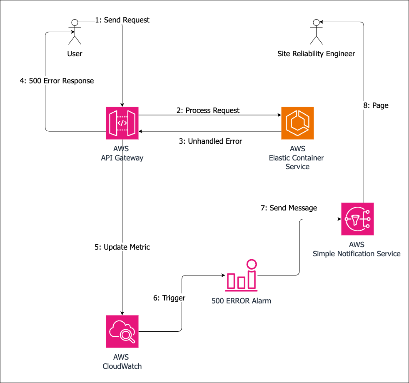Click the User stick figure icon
[x=75, y=32]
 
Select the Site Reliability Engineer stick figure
[x=317, y=32]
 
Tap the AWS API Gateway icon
[x=122, y=123]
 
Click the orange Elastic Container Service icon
[x=297, y=123]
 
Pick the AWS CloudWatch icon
[x=122, y=332]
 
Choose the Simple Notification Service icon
[x=357, y=219]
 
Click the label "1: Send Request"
[x=122, y=20]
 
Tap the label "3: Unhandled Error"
[x=210, y=141]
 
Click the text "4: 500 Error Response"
[x=57, y=81]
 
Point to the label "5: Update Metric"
[x=122, y=247]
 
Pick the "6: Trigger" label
[x=169, y=298]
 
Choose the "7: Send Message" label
[x=289, y=208]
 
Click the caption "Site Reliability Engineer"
[x=317, y=54]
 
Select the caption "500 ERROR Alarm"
[x=242, y=300]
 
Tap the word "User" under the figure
[x=75, y=54]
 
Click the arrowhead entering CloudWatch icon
[x=122, y=313]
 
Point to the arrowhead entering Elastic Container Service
[x=278, y=115]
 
